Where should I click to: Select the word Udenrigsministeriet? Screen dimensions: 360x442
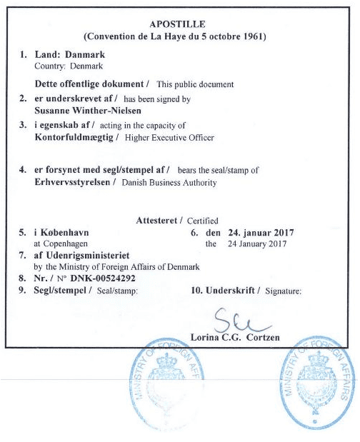click(89, 255)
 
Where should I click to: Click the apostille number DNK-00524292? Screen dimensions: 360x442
click(101, 278)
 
